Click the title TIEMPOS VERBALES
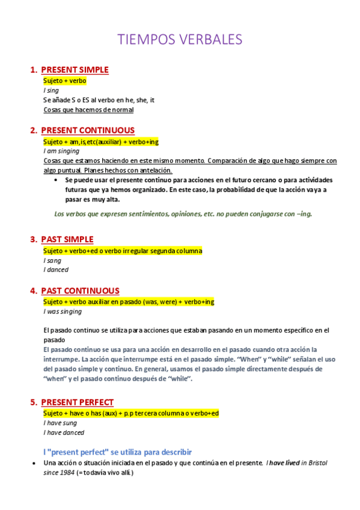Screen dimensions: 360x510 [x=180, y=40]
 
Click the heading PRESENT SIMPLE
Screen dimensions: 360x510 [x=75, y=70]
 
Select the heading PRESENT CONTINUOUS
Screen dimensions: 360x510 [x=88, y=131]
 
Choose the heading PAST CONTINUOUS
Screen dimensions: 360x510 [x=80, y=290]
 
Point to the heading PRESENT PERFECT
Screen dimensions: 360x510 [x=77, y=402]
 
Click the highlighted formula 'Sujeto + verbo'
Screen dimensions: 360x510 [x=65, y=81]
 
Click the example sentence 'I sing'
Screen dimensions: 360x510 [x=51, y=90]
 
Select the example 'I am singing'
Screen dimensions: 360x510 [x=61, y=152]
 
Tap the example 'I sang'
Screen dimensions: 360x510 [x=52, y=260]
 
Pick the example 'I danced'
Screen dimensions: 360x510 [x=56, y=270]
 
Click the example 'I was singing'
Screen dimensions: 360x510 [x=63, y=312]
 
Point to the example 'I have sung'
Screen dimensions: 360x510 [x=59, y=423]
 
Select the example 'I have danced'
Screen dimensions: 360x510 [x=64, y=432]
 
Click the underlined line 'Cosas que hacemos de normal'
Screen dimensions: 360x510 [x=88, y=110]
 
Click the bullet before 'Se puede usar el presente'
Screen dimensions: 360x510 [x=56, y=180]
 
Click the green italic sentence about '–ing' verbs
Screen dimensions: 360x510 [x=183, y=214]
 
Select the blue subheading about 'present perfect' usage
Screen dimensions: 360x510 [x=117, y=452]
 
